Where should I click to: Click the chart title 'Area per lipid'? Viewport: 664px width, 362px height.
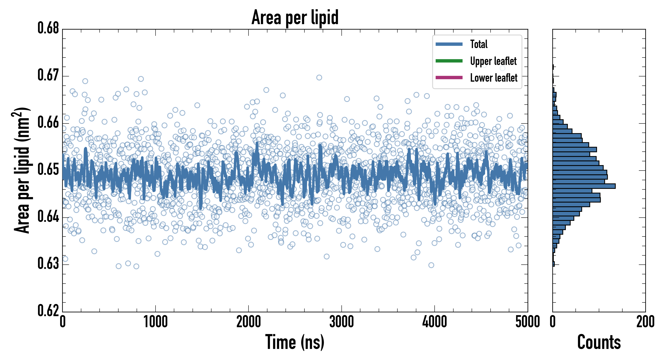295,17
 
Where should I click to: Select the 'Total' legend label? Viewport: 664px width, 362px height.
479,44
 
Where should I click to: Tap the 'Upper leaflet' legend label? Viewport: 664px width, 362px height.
493,61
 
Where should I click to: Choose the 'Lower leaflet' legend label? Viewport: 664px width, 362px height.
494,78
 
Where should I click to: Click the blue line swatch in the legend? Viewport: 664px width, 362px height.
449,44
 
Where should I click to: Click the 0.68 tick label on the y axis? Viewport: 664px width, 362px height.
48,28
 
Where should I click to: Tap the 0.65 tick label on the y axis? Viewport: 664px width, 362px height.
48,170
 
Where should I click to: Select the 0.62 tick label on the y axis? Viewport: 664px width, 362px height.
48,311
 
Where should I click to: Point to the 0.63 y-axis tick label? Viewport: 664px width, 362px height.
48,264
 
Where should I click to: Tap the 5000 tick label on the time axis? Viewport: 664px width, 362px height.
527,322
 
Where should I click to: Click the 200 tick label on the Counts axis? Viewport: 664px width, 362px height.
645,322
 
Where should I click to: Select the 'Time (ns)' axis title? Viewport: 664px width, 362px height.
295,342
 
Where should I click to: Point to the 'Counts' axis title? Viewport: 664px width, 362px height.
599,342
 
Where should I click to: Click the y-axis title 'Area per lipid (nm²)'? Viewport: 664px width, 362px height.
22,170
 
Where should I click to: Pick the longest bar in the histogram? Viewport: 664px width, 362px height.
584,186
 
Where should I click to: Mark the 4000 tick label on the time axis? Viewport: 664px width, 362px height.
435,322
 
